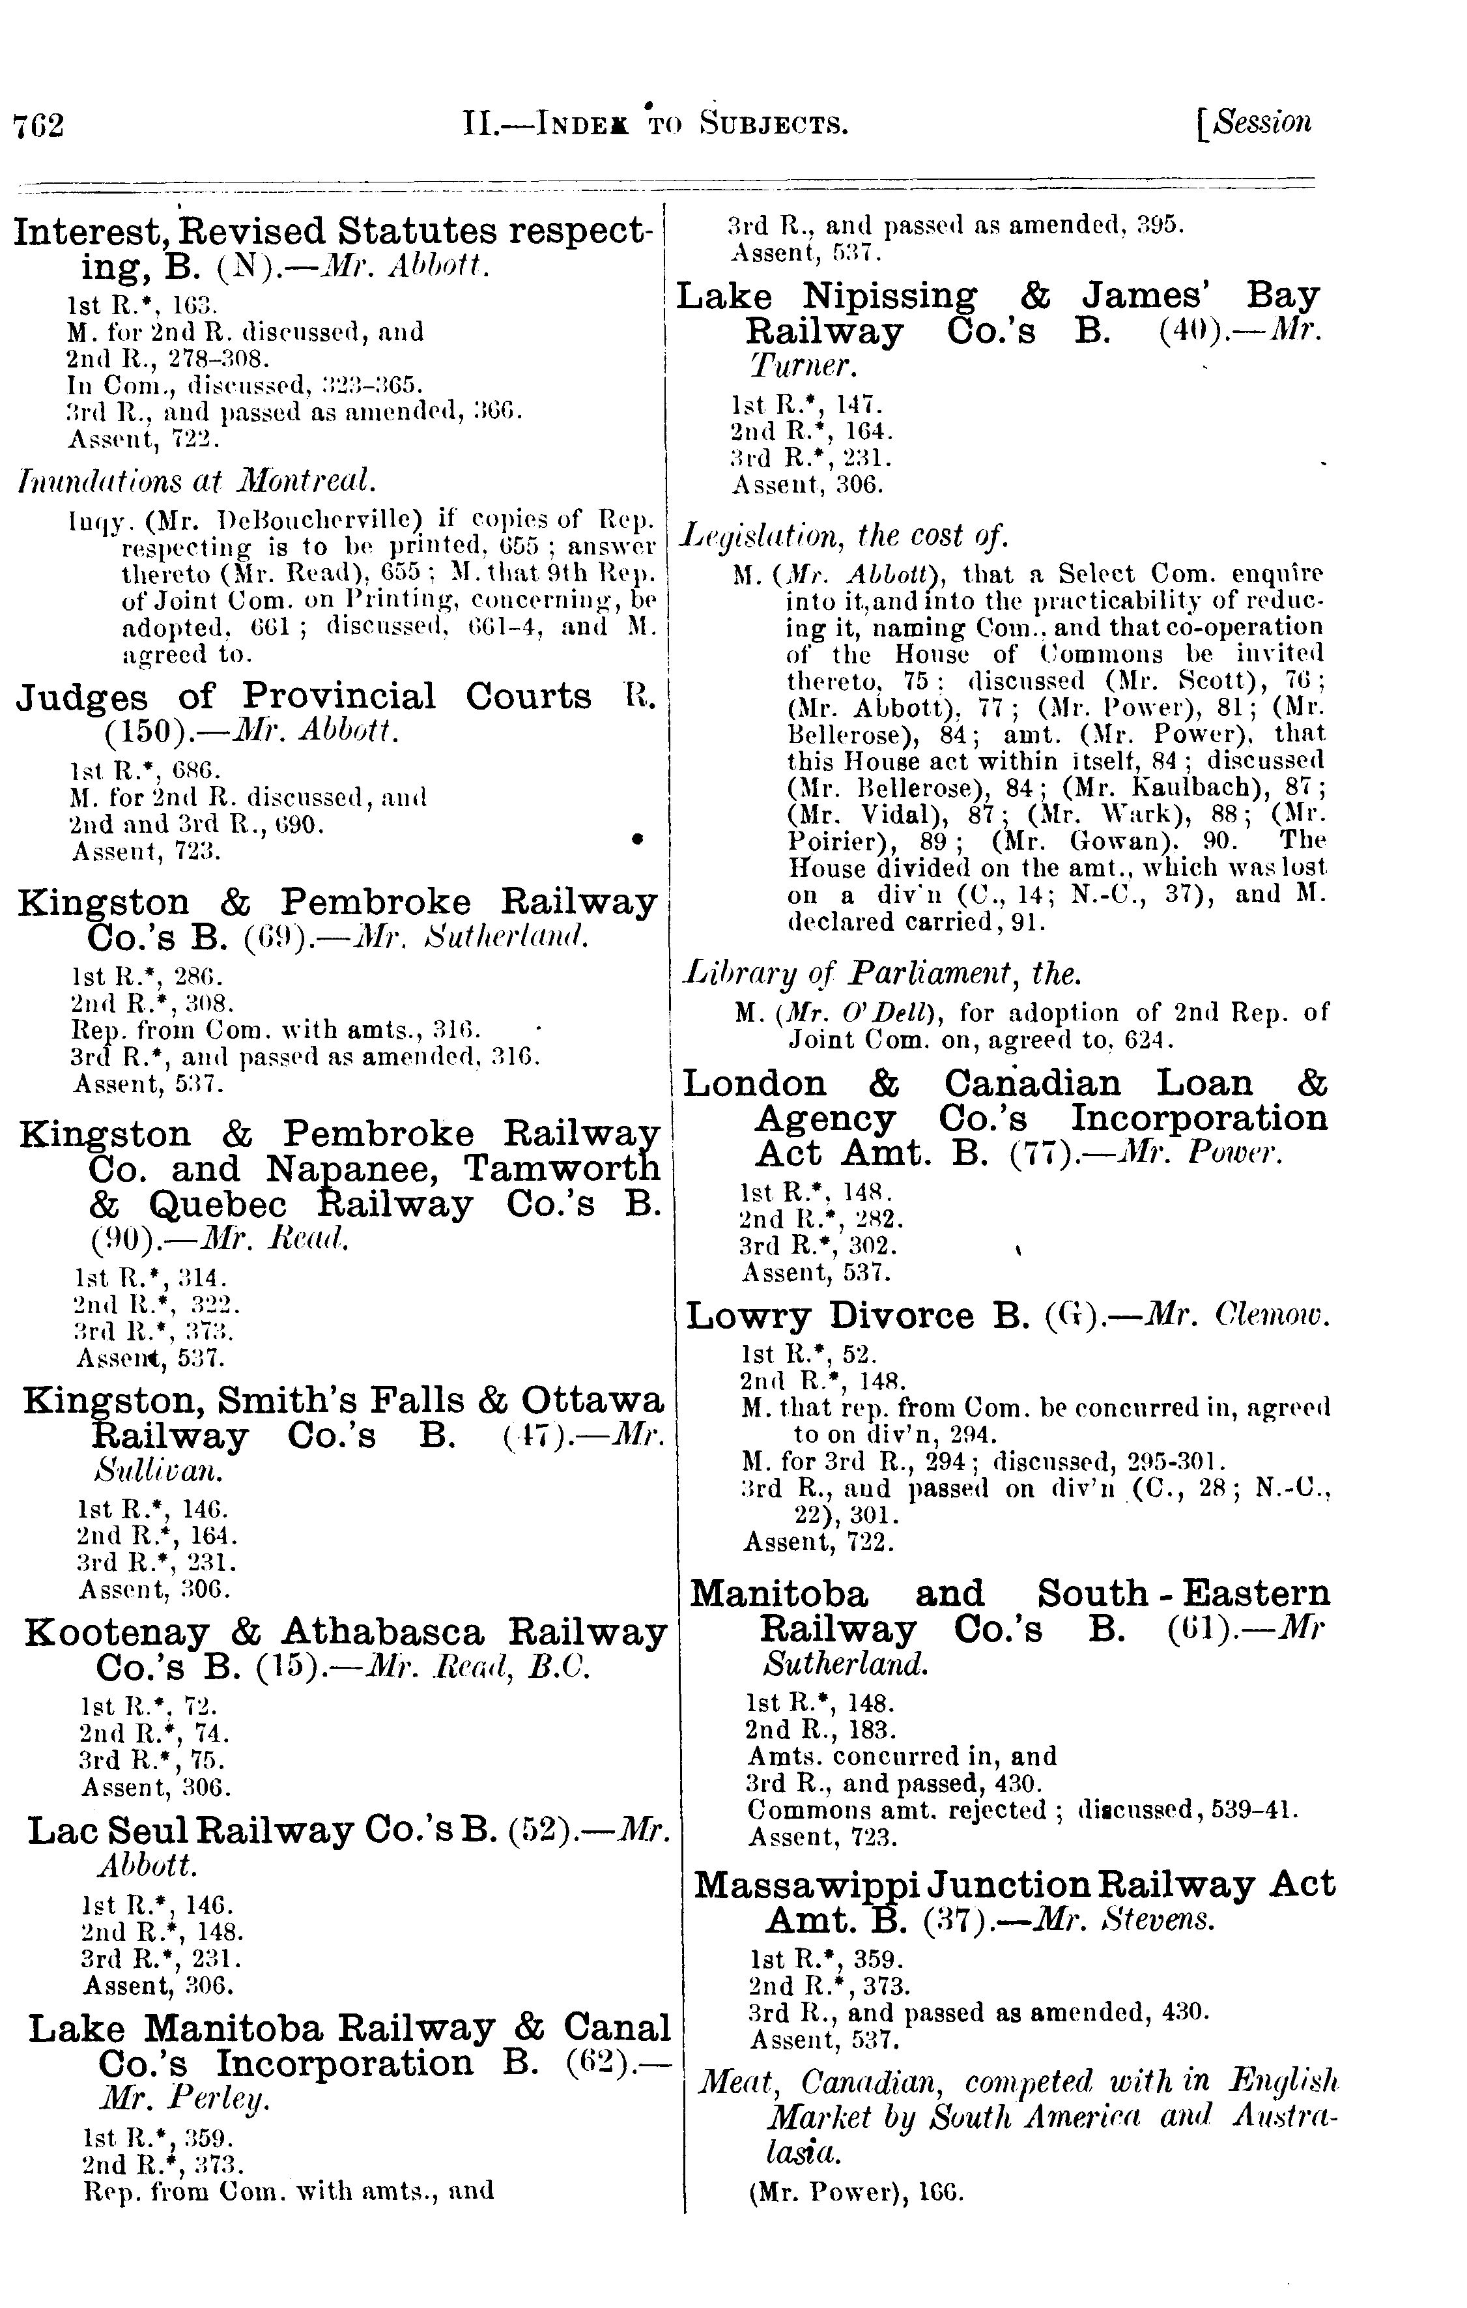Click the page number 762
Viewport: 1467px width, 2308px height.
coord(38,126)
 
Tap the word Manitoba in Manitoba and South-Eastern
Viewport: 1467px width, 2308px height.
coord(779,1594)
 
